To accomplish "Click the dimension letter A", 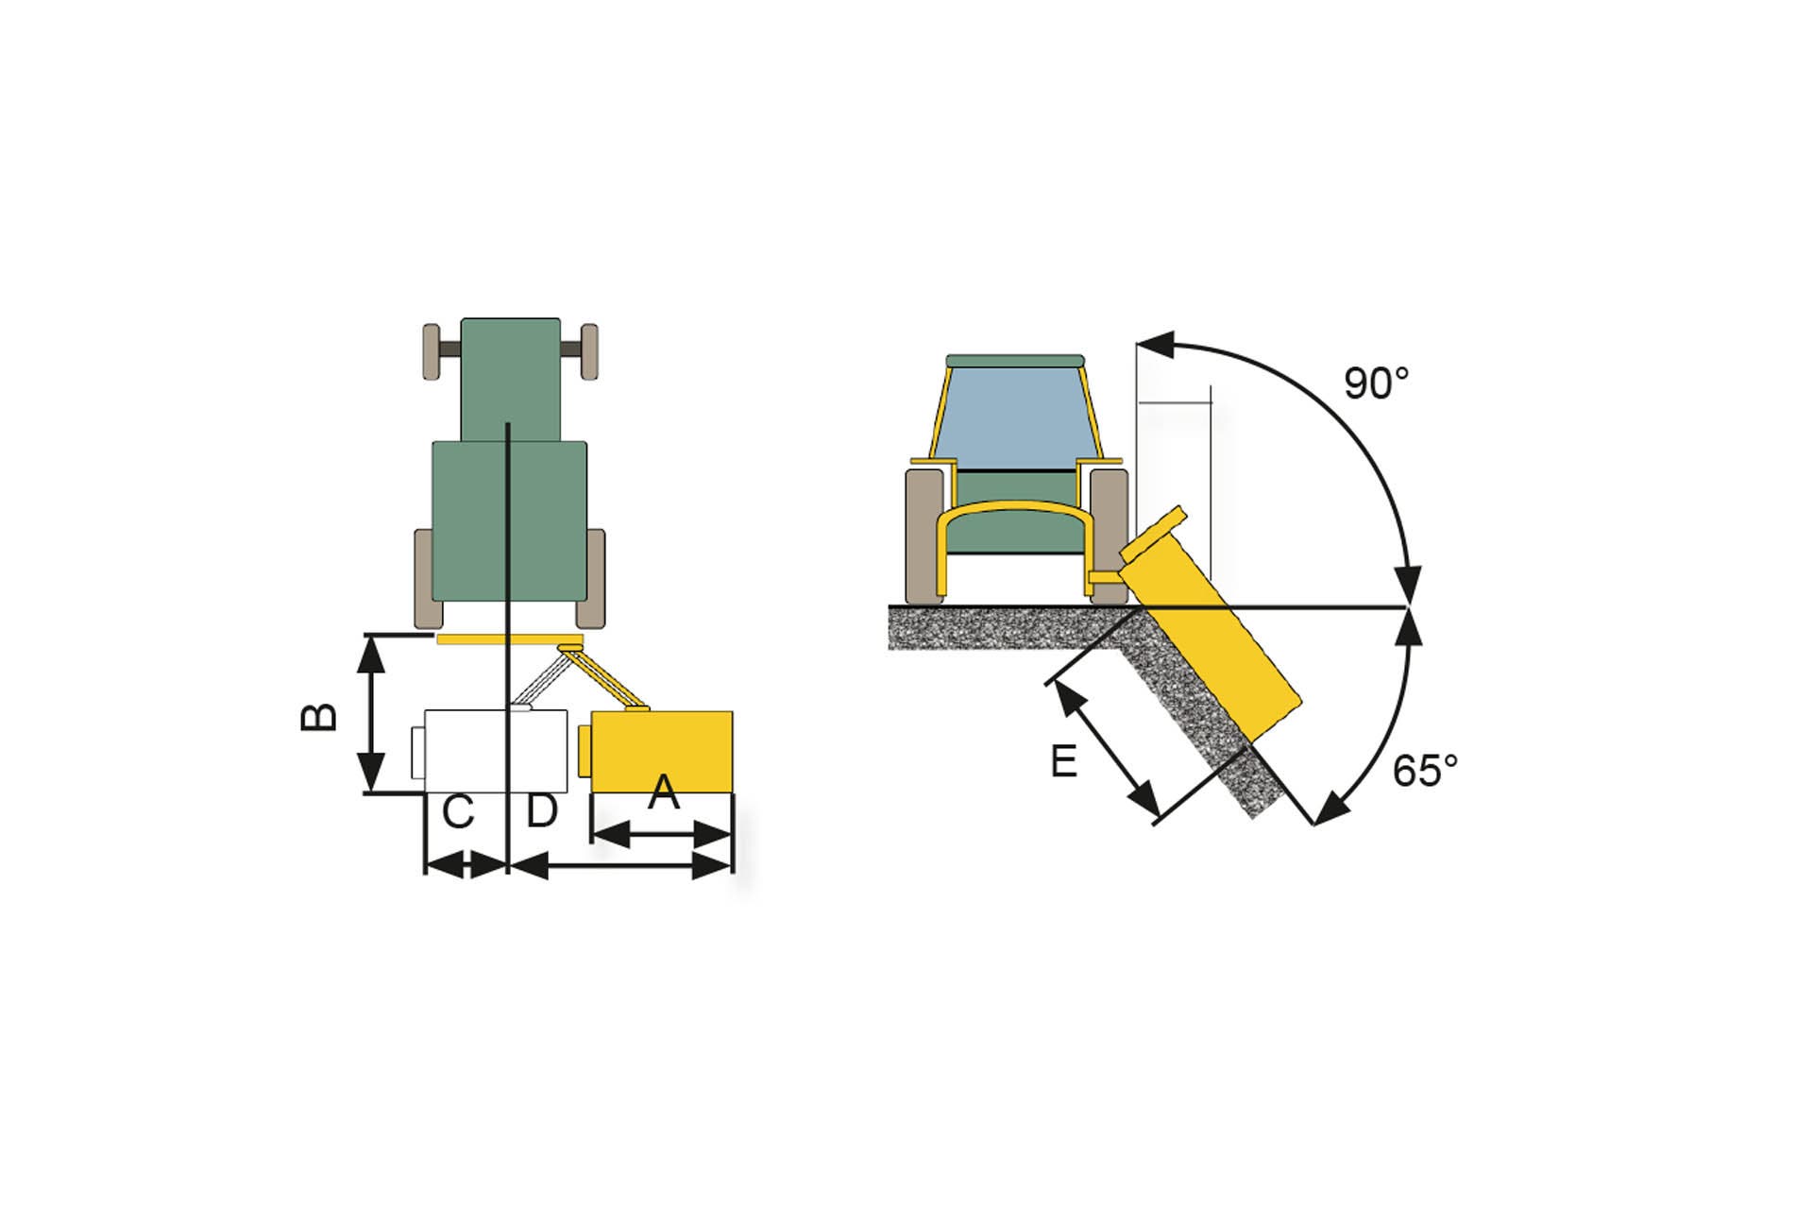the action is (x=664, y=792).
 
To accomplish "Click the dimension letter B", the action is (x=319, y=717).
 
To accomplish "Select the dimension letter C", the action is (x=458, y=812).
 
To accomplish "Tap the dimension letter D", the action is (x=542, y=810).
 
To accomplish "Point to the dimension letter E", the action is (x=1064, y=761).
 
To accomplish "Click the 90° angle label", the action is (x=1376, y=383).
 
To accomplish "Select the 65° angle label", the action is (x=1425, y=772).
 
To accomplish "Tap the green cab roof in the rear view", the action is (x=1015, y=361).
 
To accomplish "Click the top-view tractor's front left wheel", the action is (x=432, y=351).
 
